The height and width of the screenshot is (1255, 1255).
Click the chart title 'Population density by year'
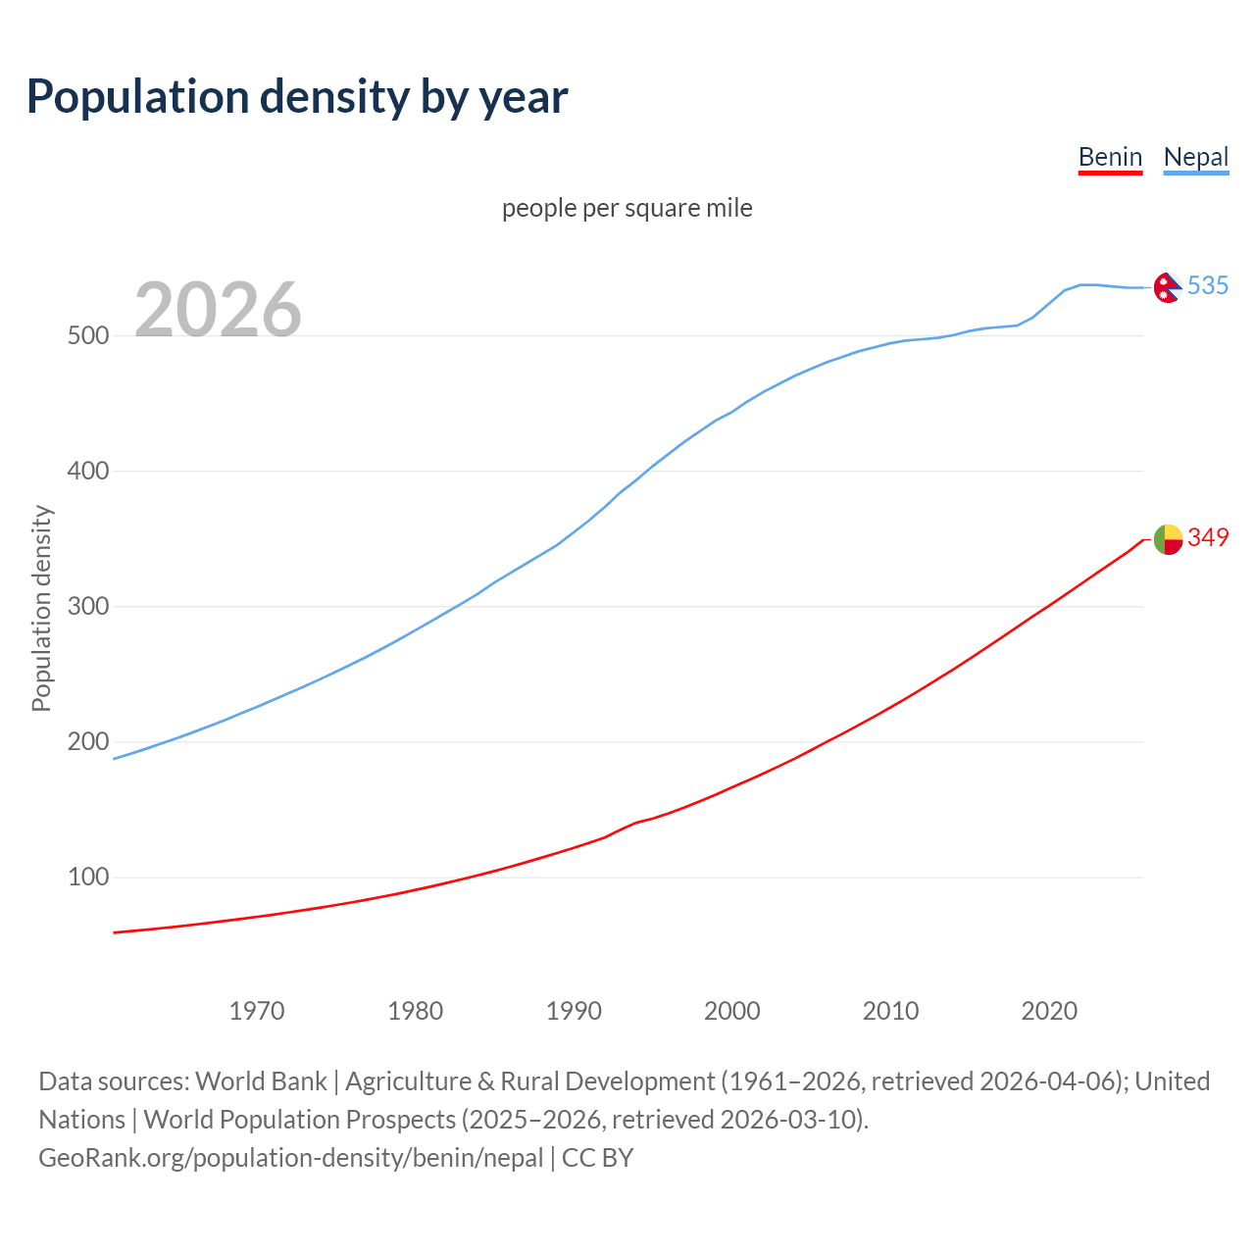click(297, 96)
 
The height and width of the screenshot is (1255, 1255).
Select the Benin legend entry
click(1110, 157)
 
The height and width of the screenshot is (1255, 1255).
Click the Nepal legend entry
click(1195, 157)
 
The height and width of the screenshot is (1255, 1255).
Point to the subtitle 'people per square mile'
click(627, 208)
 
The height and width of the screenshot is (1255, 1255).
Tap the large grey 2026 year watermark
click(218, 309)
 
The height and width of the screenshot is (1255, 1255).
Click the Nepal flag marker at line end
click(1167, 287)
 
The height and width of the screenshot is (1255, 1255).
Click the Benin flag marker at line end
click(1167, 539)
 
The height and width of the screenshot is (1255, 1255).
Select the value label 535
click(1207, 285)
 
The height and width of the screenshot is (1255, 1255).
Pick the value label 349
click(1207, 537)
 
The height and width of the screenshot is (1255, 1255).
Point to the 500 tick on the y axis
click(87, 335)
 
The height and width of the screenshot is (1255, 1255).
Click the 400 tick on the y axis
click(87, 471)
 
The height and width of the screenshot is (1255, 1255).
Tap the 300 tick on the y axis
click(87, 606)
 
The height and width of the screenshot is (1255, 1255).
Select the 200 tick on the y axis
click(87, 741)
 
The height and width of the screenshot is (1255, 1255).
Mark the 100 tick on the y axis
click(87, 877)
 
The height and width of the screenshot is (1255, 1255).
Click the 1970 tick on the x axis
click(257, 1010)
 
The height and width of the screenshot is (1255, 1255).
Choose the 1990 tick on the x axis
click(574, 1010)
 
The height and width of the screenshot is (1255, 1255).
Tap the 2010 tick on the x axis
click(890, 1010)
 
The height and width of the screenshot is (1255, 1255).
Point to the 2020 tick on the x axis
click(1049, 1010)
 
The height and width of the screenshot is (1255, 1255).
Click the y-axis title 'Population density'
click(41, 608)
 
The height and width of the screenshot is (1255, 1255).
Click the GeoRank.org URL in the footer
click(290, 1158)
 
